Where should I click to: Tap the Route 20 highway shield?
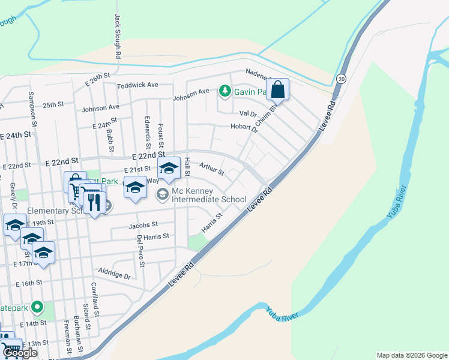[341, 78]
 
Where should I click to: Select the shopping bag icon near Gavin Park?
[278, 91]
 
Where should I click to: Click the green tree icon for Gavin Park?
[225, 91]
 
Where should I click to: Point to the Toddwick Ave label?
[137, 85]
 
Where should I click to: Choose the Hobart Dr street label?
[244, 126]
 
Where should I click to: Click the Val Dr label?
[249, 113]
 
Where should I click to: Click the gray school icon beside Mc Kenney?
[162, 193]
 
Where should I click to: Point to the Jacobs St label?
[142, 226]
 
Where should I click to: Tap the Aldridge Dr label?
[115, 274]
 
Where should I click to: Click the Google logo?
[20, 353]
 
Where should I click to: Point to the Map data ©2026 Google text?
[412, 355]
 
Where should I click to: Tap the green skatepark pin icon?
[37, 307]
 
